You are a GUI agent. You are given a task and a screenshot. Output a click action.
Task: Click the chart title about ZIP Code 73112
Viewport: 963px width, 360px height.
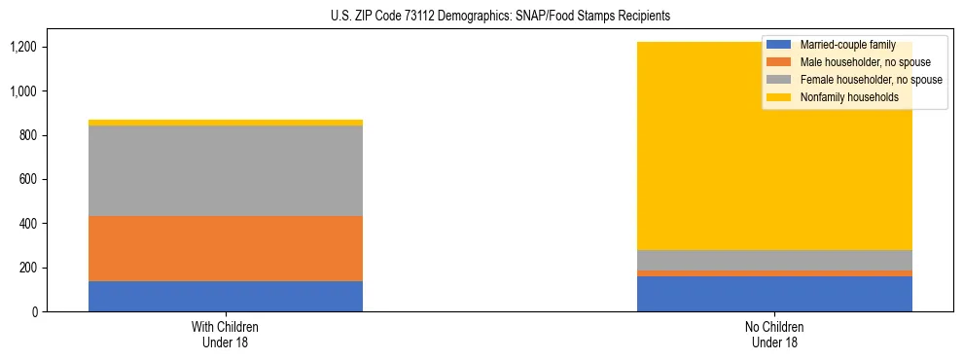click(481, 17)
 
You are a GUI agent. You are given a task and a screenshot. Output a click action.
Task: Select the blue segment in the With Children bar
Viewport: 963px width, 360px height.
click(226, 296)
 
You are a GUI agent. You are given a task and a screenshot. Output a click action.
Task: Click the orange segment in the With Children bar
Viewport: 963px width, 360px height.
click(226, 248)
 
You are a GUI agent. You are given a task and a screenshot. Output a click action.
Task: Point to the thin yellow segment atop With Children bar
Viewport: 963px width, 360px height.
click(226, 123)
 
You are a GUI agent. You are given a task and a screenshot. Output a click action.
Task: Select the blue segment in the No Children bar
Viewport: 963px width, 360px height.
click(774, 294)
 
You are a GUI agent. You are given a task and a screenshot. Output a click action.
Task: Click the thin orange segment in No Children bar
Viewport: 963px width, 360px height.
click(774, 273)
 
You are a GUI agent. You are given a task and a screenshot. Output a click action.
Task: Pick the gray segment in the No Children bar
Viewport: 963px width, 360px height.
click(774, 260)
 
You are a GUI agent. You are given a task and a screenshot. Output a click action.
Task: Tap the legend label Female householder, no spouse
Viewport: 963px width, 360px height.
click(870, 80)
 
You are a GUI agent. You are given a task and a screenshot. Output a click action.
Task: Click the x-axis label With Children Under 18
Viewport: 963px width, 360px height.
click(226, 334)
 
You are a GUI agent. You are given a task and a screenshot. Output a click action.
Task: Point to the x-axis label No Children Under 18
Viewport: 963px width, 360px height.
click(774, 334)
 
